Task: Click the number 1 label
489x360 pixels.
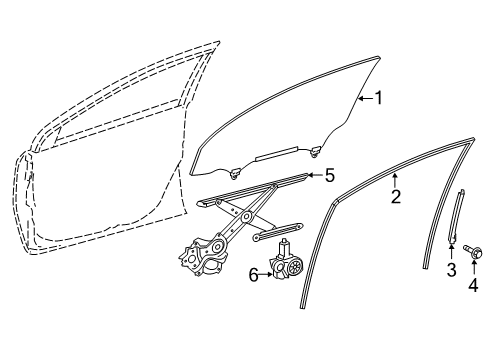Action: (379, 98)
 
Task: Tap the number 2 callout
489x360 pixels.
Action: (395, 196)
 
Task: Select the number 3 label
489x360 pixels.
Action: (450, 270)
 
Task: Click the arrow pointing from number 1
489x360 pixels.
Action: (366, 98)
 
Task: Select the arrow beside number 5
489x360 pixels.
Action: (312, 176)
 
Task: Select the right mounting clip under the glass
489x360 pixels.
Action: (316, 151)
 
